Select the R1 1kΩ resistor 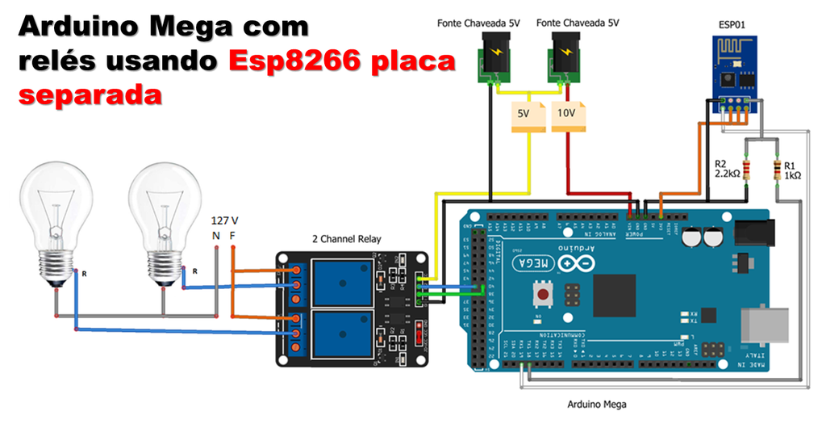click(x=777, y=170)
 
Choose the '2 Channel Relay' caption click(x=347, y=239)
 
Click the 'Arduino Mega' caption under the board click(x=597, y=404)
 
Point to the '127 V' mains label click(x=224, y=220)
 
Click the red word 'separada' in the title click(x=90, y=94)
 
